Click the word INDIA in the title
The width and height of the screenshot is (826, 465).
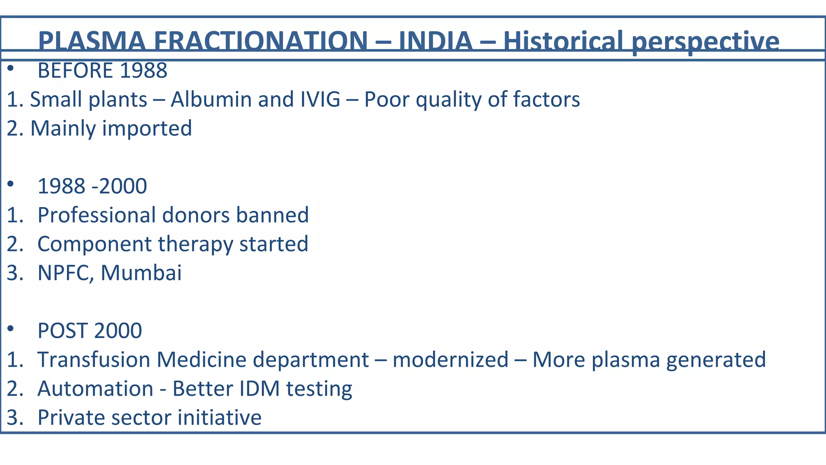click(436, 41)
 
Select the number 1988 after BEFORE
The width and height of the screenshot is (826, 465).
click(143, 71)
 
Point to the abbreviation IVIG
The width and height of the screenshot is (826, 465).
click(320, 99)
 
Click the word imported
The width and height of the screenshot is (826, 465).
click(147, 128)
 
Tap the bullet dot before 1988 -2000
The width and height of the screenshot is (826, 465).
click(11, 184)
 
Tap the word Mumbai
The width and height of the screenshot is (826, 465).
click(141, 273)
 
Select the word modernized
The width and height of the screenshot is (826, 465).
click(450, 360)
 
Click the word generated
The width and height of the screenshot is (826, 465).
click(716, 360)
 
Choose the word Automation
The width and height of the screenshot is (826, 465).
click(95, 389)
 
